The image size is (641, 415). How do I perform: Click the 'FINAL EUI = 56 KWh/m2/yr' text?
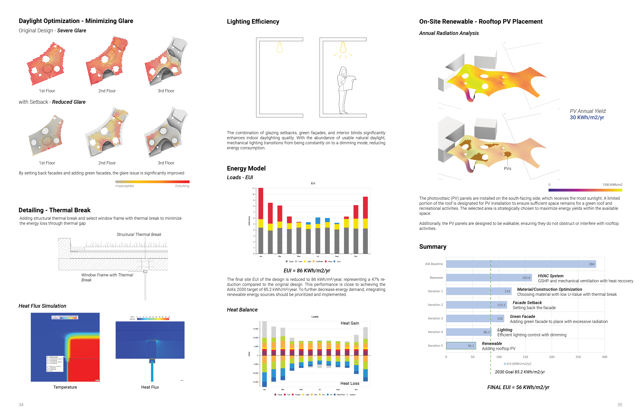coord(518,387)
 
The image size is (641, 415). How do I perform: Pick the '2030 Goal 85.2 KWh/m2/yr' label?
coord(520,372)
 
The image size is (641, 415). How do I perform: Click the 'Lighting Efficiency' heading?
coord(253,22)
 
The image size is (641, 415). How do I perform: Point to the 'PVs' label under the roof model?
coord(507,169)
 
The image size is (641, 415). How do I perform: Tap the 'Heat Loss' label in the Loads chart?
coord(350,383)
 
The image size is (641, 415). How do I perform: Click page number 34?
coord(21,405)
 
